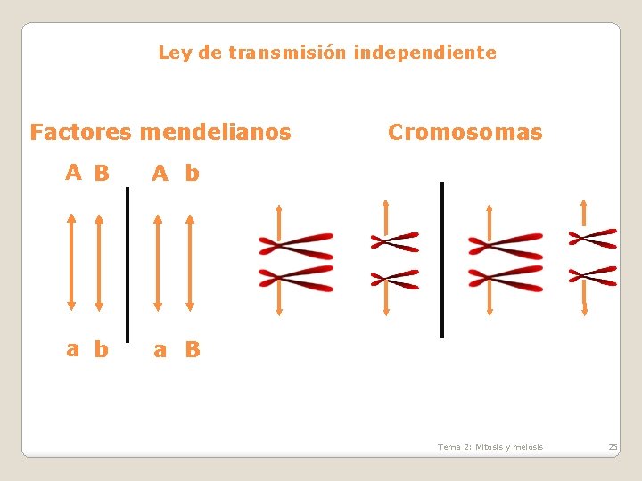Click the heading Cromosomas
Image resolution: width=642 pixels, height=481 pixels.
(465, 133)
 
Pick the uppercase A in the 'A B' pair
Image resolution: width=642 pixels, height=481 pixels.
(75, 172)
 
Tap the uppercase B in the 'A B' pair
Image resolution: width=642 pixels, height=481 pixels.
(102, 173)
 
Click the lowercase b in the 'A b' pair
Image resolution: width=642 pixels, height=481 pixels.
(193, 173)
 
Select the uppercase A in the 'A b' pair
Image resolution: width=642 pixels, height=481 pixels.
(160, 173)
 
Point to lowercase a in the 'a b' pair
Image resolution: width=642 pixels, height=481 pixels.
(73, 349)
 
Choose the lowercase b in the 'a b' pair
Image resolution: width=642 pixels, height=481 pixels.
(101, 349)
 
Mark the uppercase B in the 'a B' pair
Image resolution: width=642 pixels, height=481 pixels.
(193, 349)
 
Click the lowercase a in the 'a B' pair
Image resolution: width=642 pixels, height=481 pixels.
(160, 350)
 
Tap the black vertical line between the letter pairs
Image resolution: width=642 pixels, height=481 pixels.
(128, 263)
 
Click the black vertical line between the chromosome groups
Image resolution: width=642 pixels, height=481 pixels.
(442, 259)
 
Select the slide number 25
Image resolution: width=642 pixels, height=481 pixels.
(613, 447)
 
